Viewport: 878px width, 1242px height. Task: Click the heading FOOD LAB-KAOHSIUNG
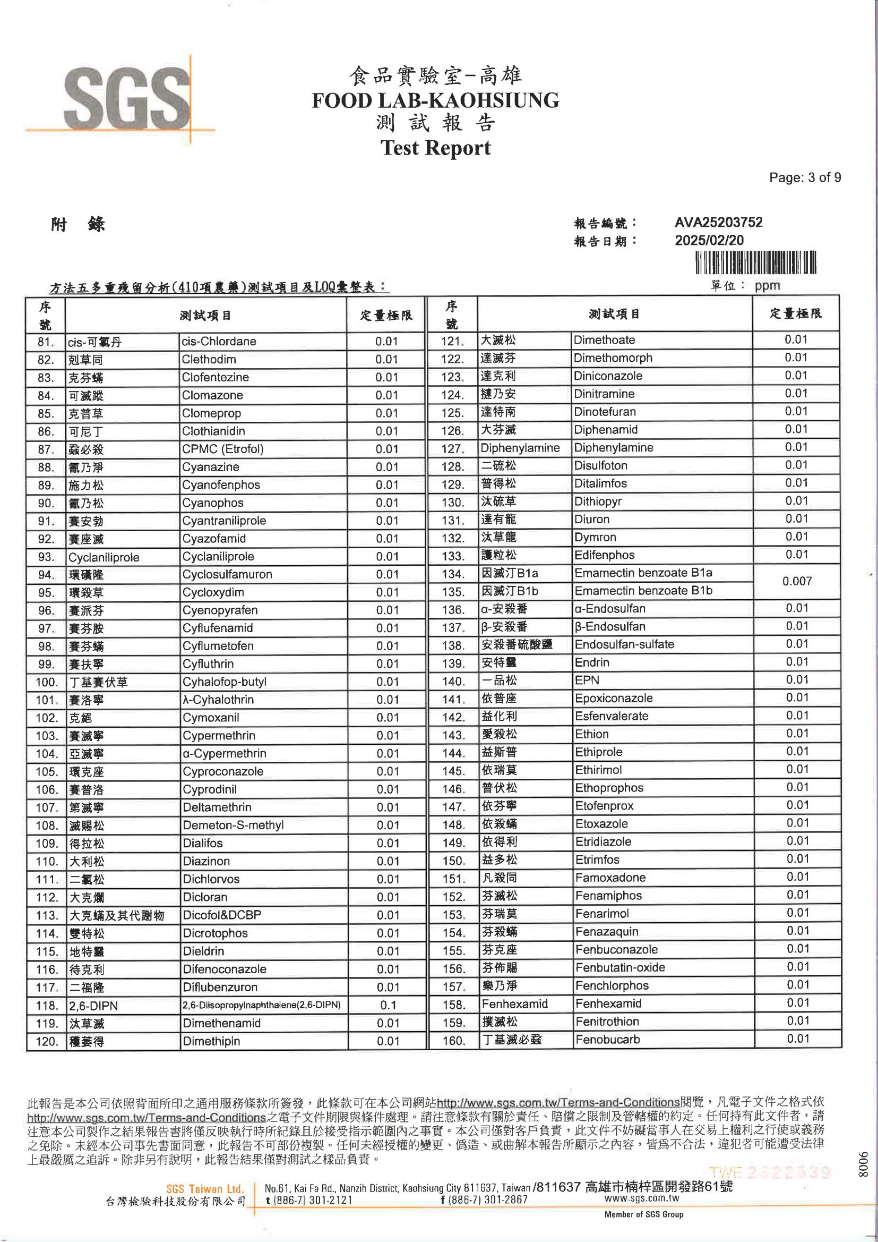click(435, 100)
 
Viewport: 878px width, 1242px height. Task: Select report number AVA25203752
click(718, 223)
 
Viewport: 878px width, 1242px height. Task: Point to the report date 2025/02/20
click(709, 240)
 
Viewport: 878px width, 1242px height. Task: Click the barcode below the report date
click(755, 263)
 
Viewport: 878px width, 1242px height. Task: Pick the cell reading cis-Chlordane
click(219, 342)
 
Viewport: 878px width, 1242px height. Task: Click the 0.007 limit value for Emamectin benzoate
click(796, 581)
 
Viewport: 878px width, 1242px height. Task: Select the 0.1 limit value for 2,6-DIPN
click(388, 1005)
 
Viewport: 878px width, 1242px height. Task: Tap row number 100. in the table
click(47, 682)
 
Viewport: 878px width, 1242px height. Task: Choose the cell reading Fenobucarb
click(607, 1039)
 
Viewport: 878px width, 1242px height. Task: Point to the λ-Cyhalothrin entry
click(218, 700)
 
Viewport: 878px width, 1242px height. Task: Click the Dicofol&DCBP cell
click(222, 915)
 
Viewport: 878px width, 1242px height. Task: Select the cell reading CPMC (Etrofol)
click(223, 449)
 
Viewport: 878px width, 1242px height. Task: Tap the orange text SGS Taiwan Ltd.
click(204, 1189)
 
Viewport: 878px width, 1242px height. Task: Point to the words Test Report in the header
click(435, 148)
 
